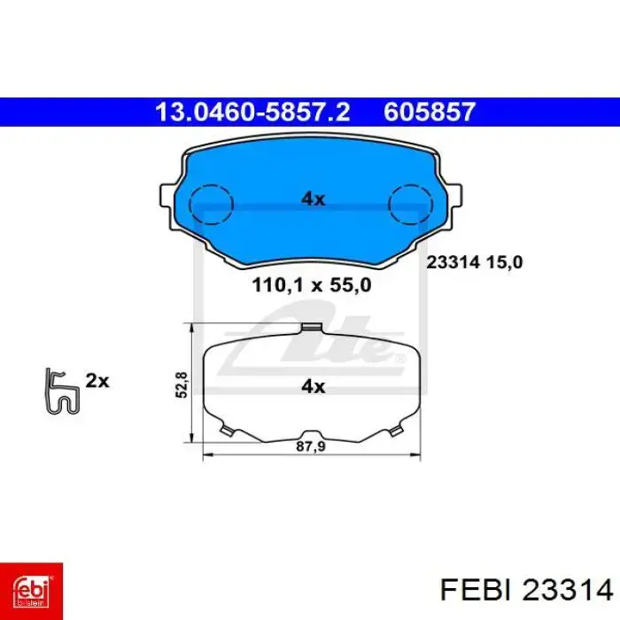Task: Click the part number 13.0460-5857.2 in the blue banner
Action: (252, 112)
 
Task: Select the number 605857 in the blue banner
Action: (429, 112)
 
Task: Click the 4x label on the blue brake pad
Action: (314, 198)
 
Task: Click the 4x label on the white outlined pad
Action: (314, 386)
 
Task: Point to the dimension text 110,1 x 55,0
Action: (312, 284)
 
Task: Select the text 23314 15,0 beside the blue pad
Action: (475, 262)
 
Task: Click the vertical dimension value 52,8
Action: (182, 384)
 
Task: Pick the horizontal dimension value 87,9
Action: (311, 446)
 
